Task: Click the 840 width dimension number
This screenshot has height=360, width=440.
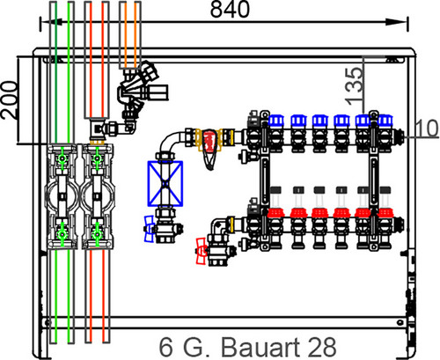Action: (x=230, y=9)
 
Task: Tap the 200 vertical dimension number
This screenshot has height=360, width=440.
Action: (x=9, y=99)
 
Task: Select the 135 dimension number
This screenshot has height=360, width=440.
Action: (x=354, y=86)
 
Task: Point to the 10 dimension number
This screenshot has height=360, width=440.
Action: (x=427, y=129)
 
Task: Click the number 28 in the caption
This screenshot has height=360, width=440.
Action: (x=323, y=347)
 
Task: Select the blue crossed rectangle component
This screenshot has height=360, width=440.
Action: (x=165, y=183)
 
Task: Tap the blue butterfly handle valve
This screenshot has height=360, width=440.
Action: (x=150, y=229)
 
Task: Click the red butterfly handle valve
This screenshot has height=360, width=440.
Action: (x=202, y=251)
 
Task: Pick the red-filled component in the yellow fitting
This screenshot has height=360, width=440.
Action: (x=209, y=142)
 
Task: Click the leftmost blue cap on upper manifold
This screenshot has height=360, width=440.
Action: (x=276, y=121)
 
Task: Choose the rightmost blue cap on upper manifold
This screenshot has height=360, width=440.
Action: (x=385, y=121)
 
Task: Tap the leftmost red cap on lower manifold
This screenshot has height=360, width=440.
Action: (x=275, y=213)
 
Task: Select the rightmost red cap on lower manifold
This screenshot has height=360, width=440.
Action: (x=385, y=213)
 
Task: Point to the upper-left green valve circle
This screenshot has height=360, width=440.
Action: (x=62, y=158)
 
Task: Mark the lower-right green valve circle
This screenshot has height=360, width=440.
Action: (x=97, y=234)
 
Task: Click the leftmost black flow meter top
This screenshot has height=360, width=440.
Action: (x=275, y=190)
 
